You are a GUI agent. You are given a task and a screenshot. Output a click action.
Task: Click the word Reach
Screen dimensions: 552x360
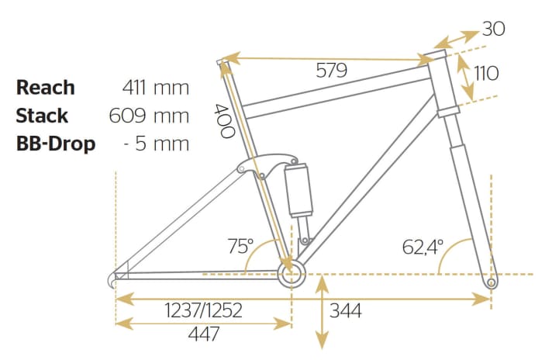coord(46,88)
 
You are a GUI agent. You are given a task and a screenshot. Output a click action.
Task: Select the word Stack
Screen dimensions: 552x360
coord(42,116)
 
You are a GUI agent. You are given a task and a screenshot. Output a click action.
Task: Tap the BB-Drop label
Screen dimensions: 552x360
coord(56,144)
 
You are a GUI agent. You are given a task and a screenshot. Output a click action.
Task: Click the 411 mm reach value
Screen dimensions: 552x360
coord(156,88)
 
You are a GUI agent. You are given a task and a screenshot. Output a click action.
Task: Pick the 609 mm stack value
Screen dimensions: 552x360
coord(149,116)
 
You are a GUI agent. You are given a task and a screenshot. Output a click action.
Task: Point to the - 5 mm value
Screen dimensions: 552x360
coord(157,144)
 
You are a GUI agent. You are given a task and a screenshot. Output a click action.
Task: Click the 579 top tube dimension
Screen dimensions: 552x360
coord(331,70)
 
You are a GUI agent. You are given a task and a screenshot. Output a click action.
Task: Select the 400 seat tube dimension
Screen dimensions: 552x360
coord(224,121)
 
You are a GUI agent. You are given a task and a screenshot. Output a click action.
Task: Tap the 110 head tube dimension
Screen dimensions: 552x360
coord(486,73)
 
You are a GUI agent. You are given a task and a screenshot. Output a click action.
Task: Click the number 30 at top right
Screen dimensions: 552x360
coord(493,29)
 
